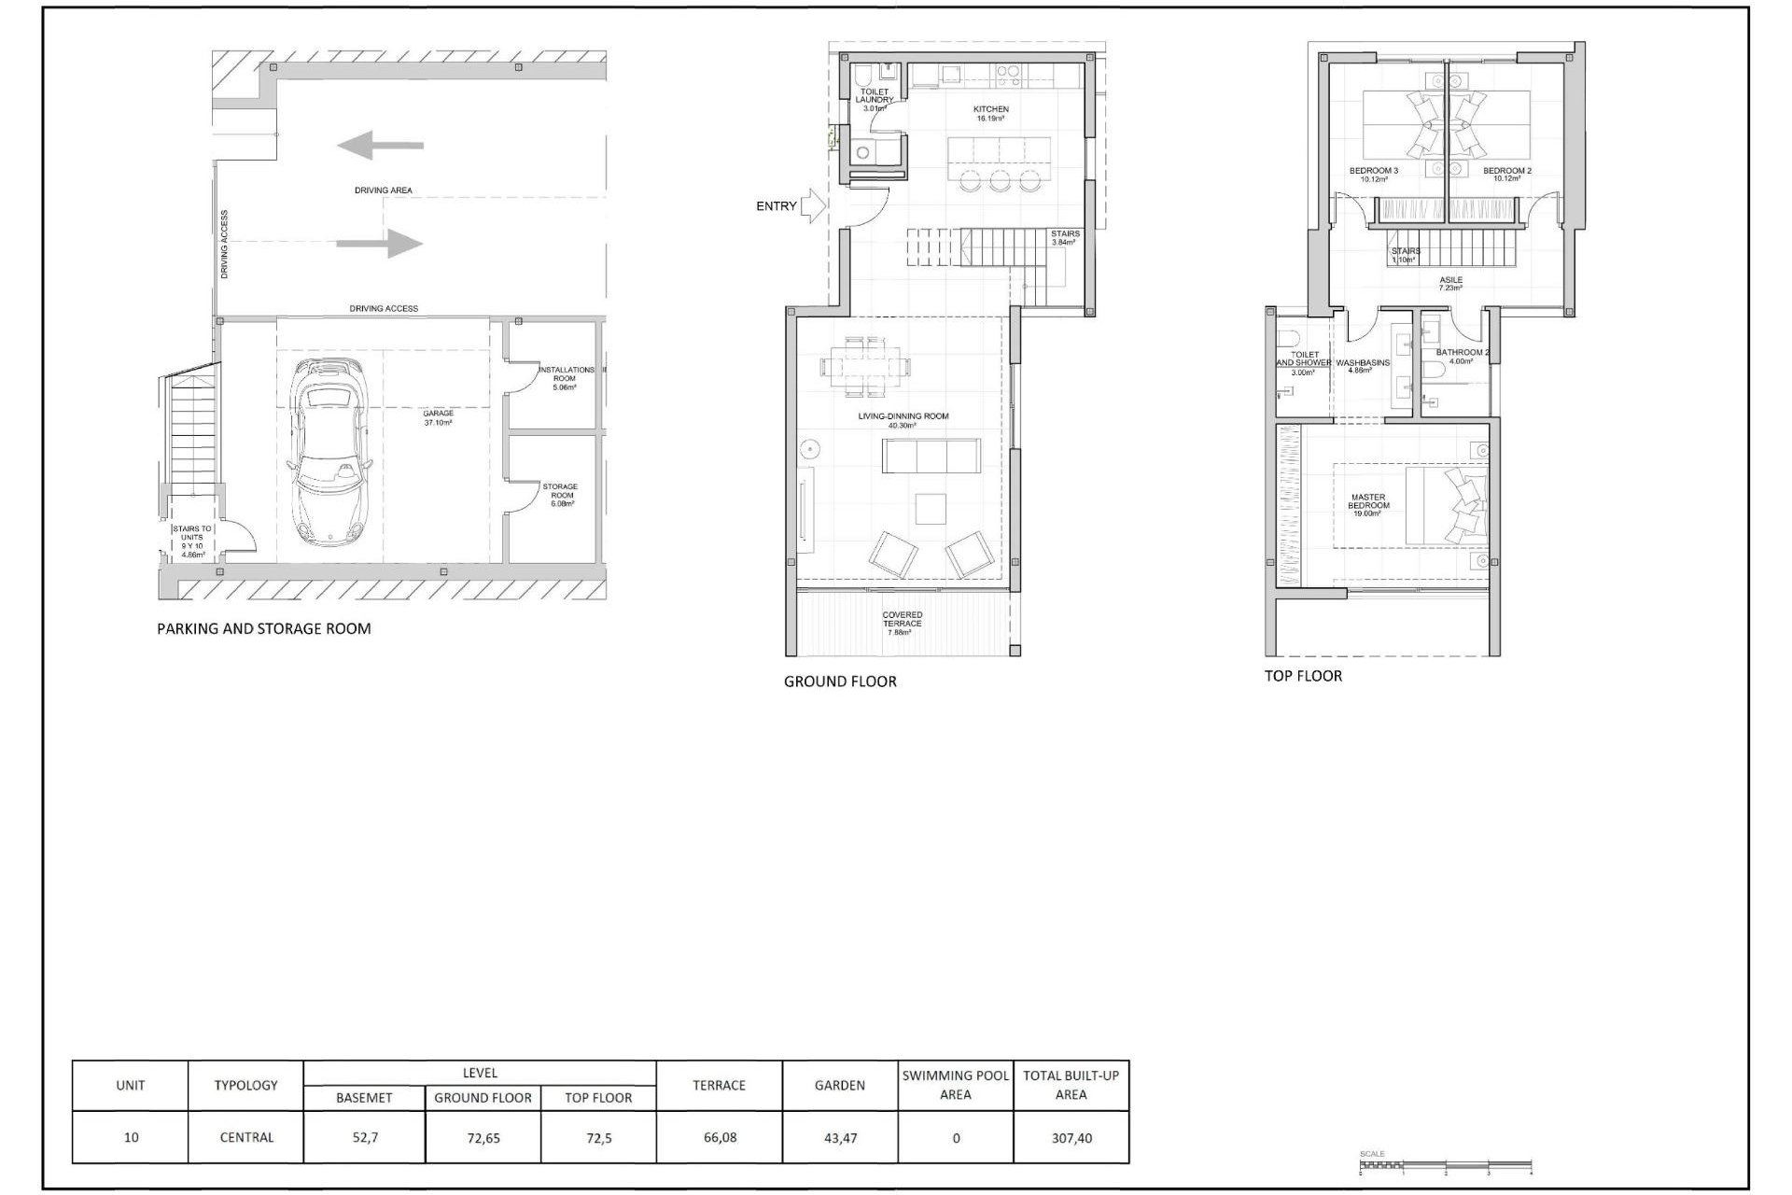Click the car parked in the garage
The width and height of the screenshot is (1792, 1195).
coord(329,453)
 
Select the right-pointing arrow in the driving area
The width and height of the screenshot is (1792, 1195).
coord(380,244)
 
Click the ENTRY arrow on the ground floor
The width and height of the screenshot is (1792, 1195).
coord(813,206)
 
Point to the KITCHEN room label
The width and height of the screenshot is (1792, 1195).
coord(991,110)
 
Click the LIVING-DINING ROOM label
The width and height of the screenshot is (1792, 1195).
coord(903,416)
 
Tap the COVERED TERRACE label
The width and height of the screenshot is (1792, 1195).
coord(902,620)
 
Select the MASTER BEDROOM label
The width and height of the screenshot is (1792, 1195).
coord(1368,502)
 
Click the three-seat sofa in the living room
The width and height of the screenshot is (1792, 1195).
coord(931,456)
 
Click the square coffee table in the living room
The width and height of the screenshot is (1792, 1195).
coord(931,509)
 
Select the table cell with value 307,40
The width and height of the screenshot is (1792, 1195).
coord(1071,1138)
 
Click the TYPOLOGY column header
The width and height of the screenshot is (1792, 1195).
coord(245,1085)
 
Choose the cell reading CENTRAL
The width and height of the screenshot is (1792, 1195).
coord(246,1138)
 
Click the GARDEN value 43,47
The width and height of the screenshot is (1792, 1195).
coord(840,1138)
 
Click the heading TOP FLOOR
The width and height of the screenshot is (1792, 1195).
coord(1303,676)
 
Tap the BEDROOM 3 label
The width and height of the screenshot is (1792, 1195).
coord(1373,171)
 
